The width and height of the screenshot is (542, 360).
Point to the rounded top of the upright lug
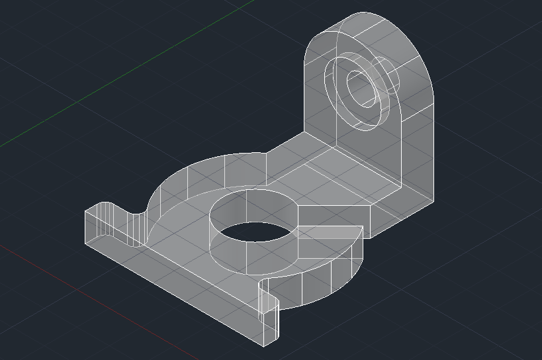coord(371,26)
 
